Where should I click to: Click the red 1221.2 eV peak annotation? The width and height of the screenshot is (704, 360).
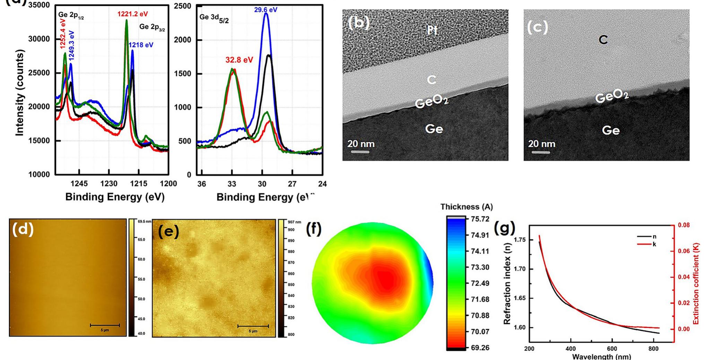click(132, 14)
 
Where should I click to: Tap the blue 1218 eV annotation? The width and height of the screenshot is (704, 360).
click(141, 45)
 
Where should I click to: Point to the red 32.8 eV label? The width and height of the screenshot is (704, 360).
click(239, 60)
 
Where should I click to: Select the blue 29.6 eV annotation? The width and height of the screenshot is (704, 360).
click(266, 10)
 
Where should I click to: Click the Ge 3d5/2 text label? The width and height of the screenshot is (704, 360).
click(214, 18)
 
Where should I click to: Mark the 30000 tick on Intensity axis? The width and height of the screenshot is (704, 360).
click(39, 39)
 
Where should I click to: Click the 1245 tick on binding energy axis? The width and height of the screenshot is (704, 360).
click(79, 184)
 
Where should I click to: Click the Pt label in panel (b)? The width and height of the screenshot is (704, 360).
click(432, 31)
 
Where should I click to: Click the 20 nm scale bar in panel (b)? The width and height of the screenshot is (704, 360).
click(360, 152)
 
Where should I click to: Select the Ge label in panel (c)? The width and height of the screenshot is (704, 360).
click(610, 130)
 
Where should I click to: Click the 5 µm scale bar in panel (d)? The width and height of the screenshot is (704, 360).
click(105, 325)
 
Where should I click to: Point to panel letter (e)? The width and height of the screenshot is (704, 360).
click(168, 232)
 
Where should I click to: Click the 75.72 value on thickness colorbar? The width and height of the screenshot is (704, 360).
click(480, 219)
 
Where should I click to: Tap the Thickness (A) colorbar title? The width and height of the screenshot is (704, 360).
click(466, 207)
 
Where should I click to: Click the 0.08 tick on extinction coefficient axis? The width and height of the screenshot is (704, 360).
click(684, 225)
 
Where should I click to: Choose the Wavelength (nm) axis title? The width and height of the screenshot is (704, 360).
click(601, 356)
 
